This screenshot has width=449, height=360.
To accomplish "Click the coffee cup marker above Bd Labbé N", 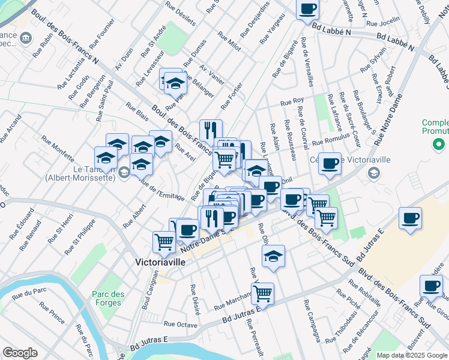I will point(308,9).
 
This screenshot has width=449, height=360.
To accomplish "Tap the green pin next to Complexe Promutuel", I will point(439,144).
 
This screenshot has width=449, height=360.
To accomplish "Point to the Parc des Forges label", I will point(108,298).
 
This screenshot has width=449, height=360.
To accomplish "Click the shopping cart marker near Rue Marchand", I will point(262,293).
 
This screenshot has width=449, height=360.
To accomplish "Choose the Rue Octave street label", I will point(181,324).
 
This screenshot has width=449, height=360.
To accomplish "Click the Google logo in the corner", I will point(20,353).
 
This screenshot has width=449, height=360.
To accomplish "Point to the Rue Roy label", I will point(292,101).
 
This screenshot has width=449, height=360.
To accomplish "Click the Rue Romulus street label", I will point(330,139).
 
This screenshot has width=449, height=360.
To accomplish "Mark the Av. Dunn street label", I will point(124,60).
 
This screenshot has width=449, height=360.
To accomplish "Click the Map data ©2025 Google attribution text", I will point(411,355).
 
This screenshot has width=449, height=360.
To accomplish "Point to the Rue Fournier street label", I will point(101,39).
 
